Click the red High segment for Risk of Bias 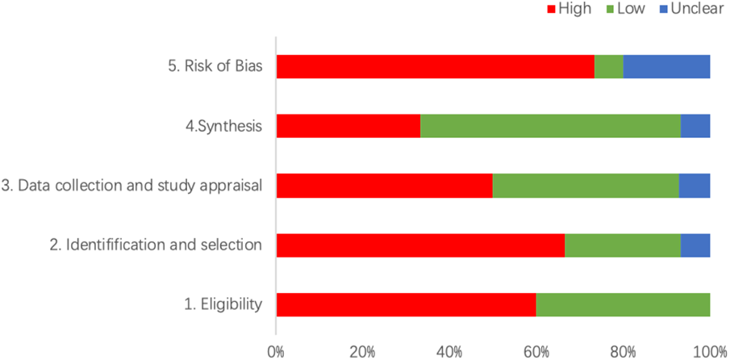(x=435, y=66)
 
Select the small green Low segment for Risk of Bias (x=609, y=66)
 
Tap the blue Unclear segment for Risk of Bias (x=666, y=66)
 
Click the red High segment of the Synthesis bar (x=348, y=126)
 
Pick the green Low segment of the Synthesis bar (x=550, y=126)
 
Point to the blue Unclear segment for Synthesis (x=695, y=126)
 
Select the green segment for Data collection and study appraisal (x=586, y=186)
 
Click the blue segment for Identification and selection (x=695, y=245)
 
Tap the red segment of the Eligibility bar (x=406, y=304)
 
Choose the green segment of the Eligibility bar (x=623, y=304)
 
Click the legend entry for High (x=569, y=9)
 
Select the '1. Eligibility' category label (x=223, y=304)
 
